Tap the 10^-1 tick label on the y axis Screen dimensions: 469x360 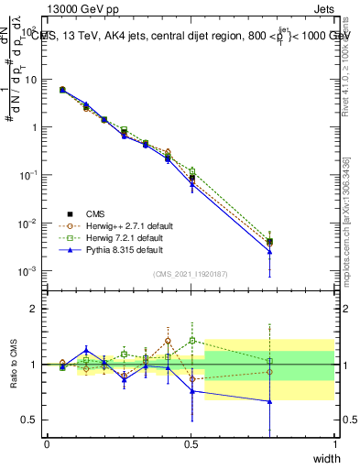point(30,175)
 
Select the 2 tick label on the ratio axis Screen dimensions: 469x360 point(37,309)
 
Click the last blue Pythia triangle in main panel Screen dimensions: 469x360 point(269,252)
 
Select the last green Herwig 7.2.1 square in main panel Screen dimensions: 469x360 point(269,240)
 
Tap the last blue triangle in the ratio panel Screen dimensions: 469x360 point(269,401)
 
